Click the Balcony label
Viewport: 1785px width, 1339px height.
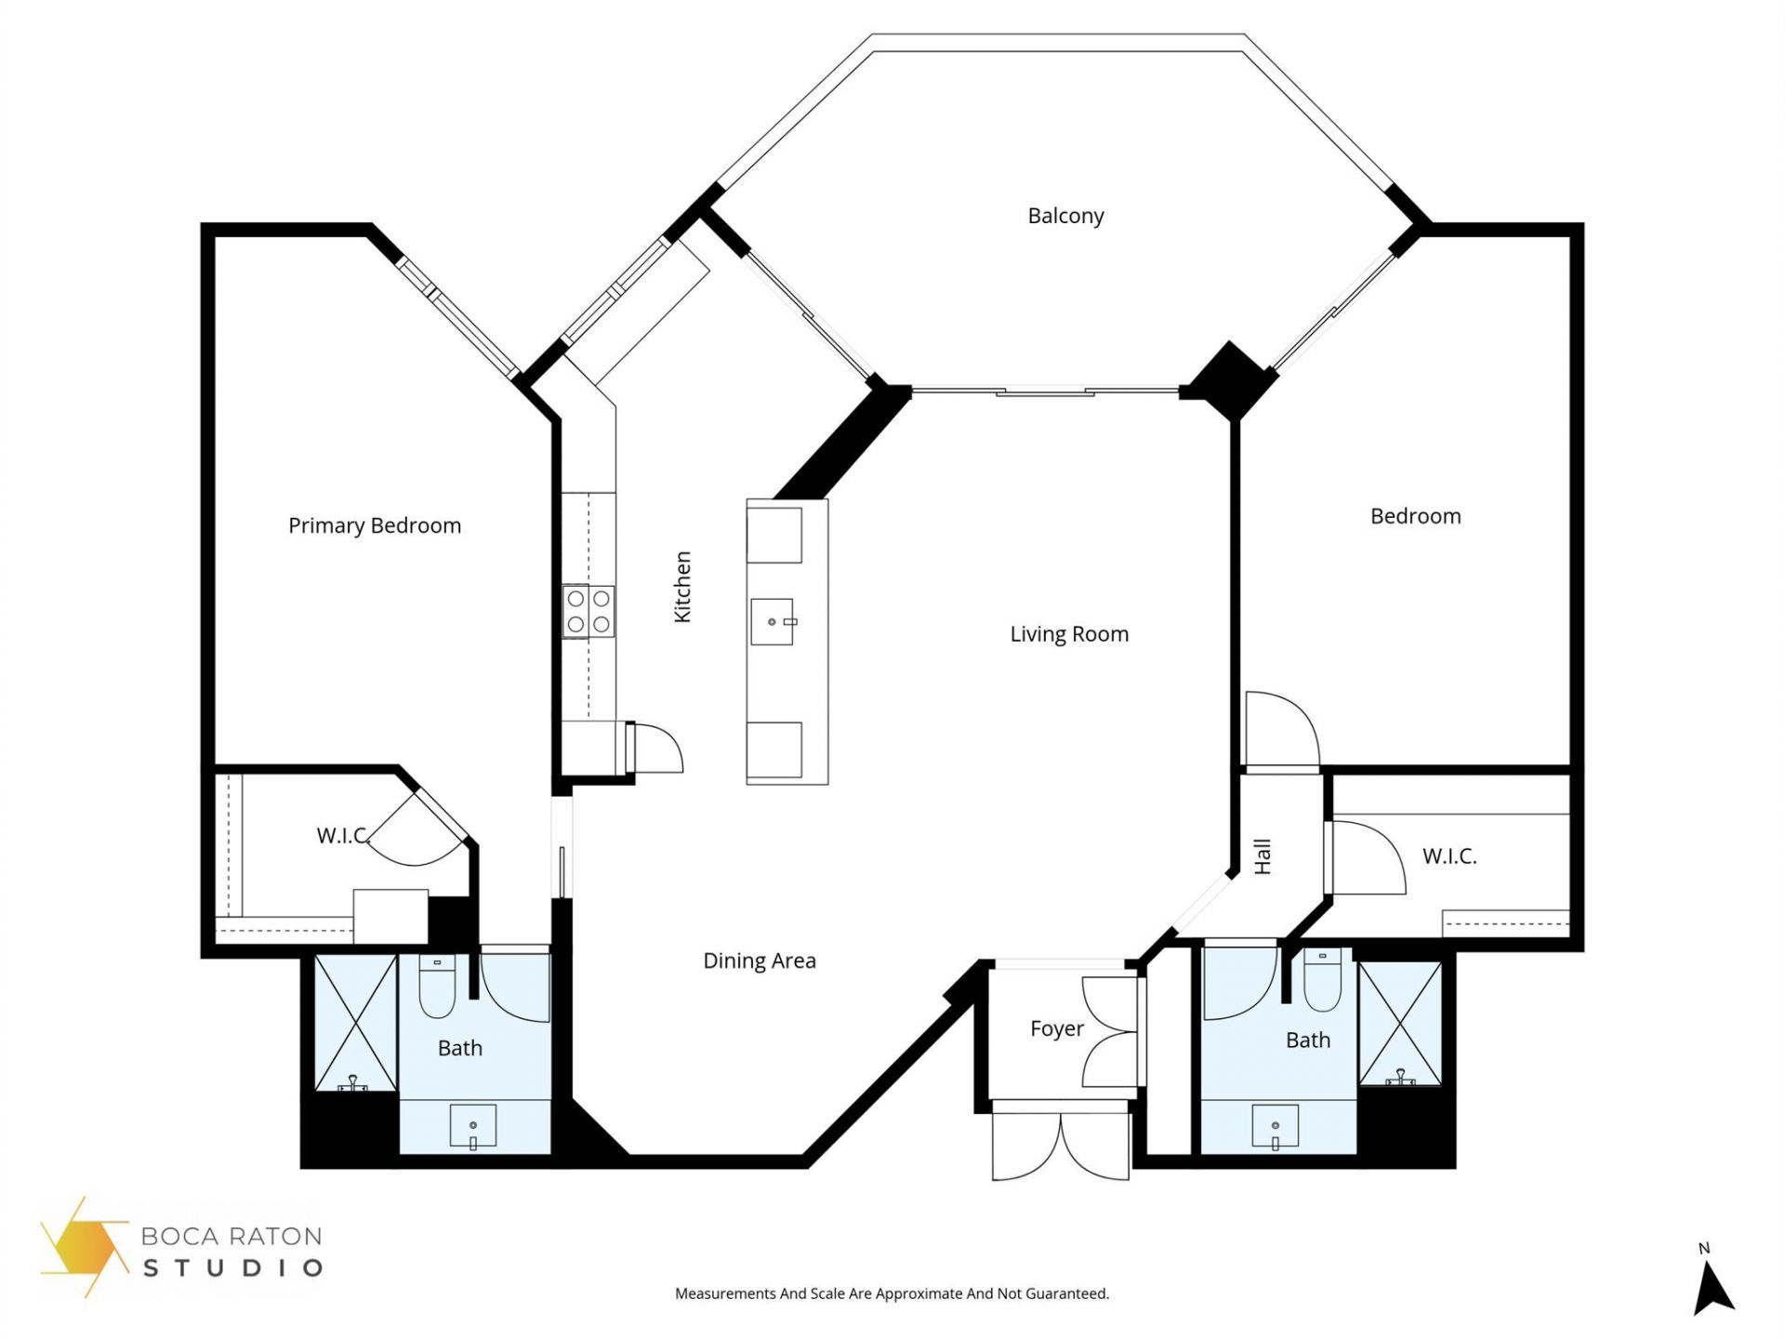pyautogui.click(x=1065, y=216)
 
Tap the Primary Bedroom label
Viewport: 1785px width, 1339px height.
pyautogui.click(x=375, y=525)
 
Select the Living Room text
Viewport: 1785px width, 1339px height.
pyautogui.click(x=1069, y=634)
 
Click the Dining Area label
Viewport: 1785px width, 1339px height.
pyautogui.click(x=760, y=961)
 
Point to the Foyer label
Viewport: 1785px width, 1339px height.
pyautogui.click(x=1056, y=1028)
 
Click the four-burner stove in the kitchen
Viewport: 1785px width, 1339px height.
pyautogui.click(x=588, y=611)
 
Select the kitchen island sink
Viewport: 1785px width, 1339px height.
pyautogui.click(x=773, y=621)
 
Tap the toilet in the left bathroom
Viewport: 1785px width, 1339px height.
pyautogui.click(x=437, y=987)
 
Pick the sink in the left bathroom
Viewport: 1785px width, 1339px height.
pyautogui.click(x=472, y=1126)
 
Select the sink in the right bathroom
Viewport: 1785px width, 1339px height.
pyautogui.click(x=1275, y=1126)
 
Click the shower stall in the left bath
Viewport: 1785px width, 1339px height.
pyautogui.click(x=355, y=1022)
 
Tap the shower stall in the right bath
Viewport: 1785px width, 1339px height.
pyautogui.click(x=1400, y=1023)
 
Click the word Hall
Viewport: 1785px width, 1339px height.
pyautogui.click(x=1262, y=856)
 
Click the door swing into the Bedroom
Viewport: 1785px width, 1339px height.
pyautogui.click(x=1281, y=731)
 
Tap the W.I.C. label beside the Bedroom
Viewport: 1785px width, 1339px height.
pyautogui.click(x=1449, y=856)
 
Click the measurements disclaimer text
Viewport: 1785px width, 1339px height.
pyautogui.click(x=892, y=1293)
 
